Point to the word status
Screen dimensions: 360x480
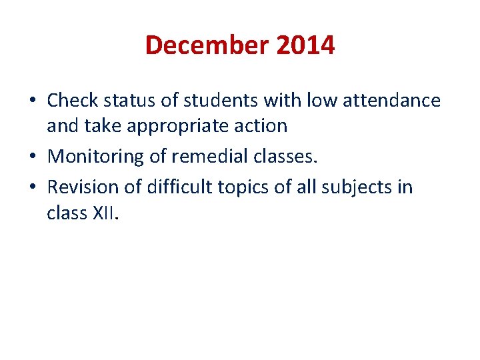[134, 100]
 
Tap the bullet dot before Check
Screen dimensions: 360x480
[33, 101]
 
